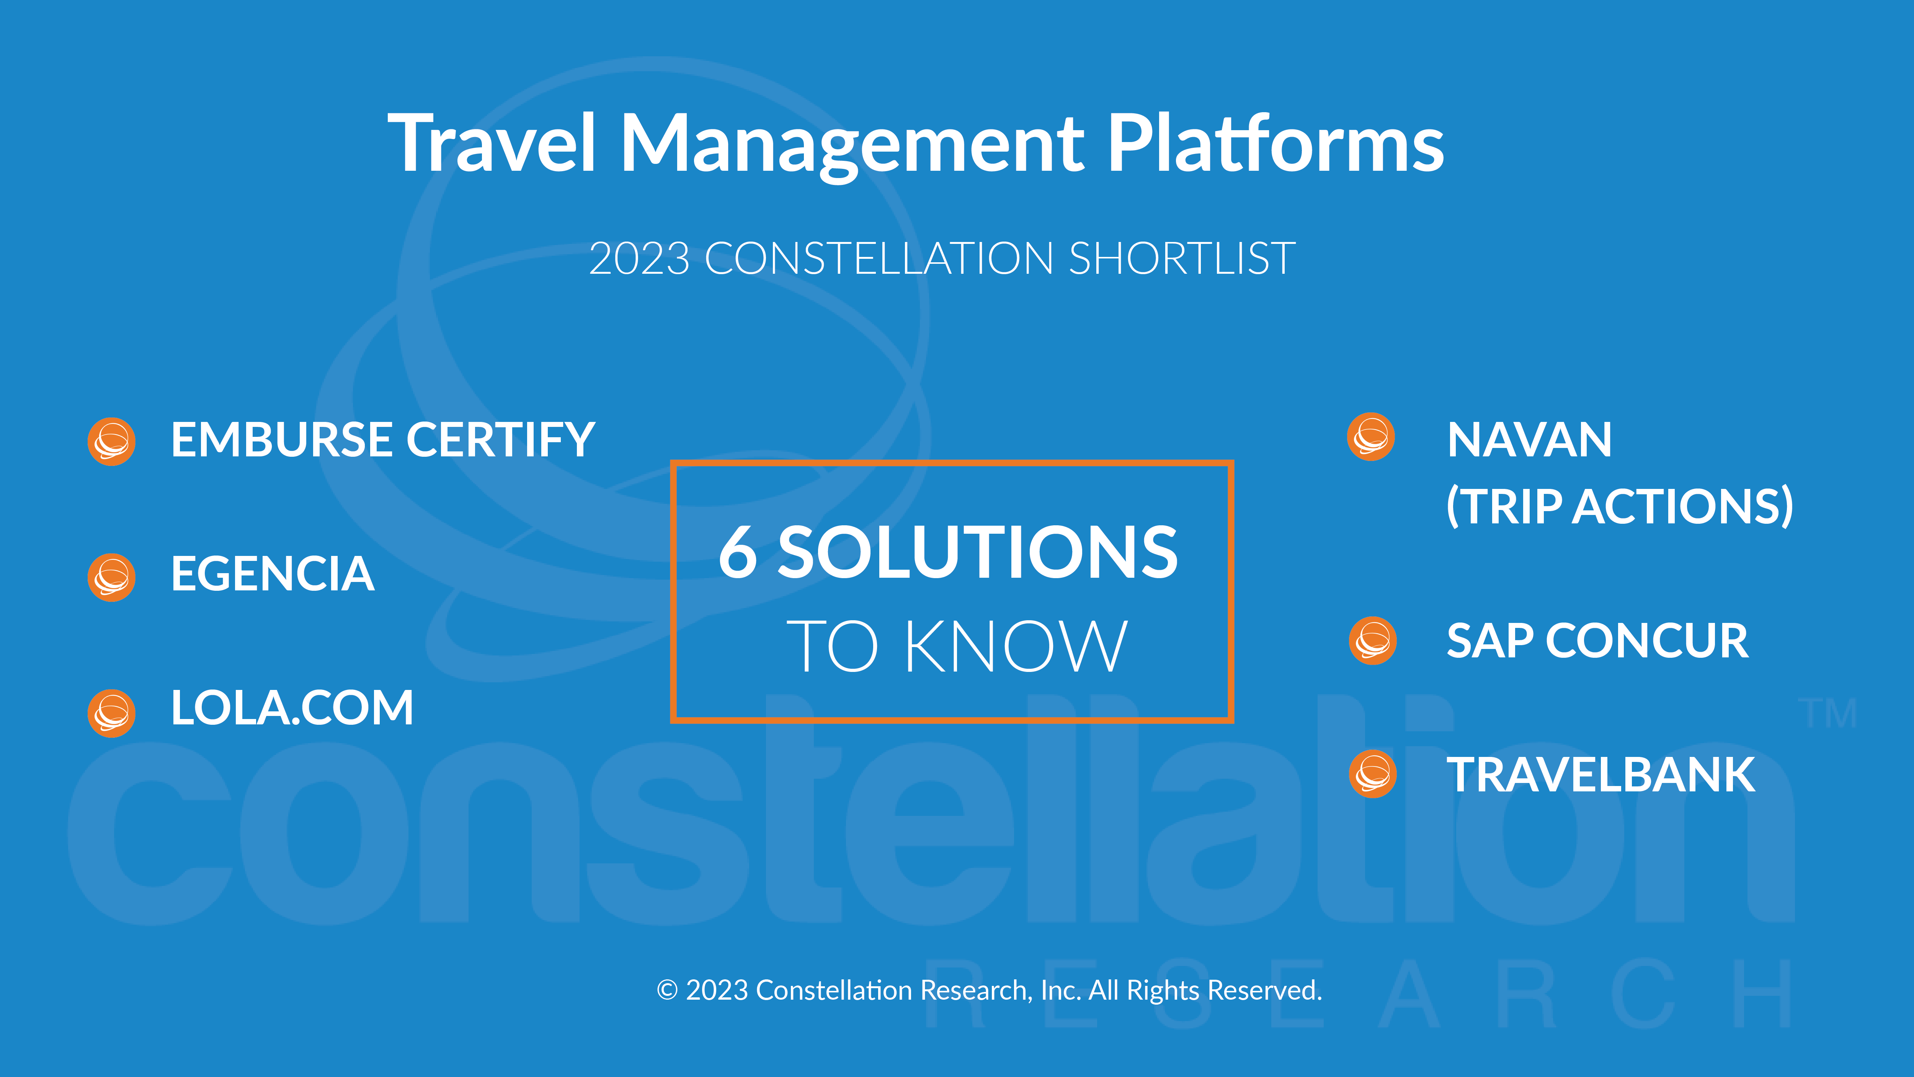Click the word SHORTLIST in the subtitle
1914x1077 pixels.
(1182, 259)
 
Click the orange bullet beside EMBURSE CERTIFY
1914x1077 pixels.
(111, 441)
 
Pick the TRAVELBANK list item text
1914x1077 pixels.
(1600, 775)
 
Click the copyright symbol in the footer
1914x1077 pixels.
(667, 991)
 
